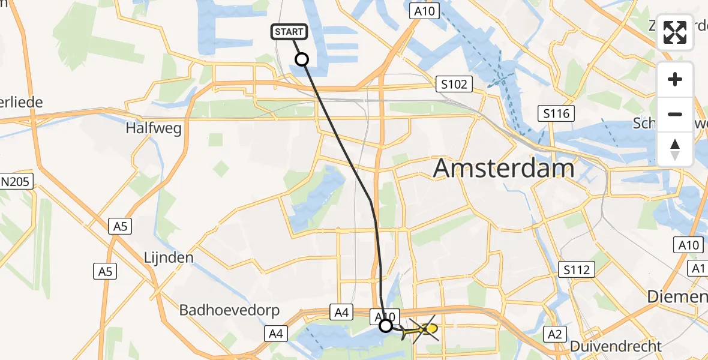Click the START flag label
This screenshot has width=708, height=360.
tap(291, 32)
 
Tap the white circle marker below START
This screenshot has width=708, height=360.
tap(302, 59)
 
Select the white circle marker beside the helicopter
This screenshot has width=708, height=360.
tap(386, 325)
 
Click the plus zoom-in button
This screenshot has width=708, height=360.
tap(675, 80)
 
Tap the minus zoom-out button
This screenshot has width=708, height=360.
tap(675, 114)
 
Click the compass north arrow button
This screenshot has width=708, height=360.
tap(675, 149)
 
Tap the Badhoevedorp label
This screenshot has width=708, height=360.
tap(222, 310)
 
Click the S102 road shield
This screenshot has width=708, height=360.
tap(454, 84)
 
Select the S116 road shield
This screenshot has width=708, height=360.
tap(556, 113)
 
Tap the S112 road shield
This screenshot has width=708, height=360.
tap(575, 269)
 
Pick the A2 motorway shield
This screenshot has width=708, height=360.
tap(554, 334)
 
